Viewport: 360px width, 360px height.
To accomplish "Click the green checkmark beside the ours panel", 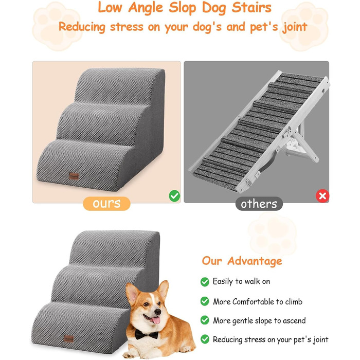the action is (x=174, y=196).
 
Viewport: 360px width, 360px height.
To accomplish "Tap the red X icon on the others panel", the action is (x=322, y=196).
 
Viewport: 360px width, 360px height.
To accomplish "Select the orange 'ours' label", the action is (x=106, y=204).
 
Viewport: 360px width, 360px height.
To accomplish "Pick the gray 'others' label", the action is (x=259, y=204).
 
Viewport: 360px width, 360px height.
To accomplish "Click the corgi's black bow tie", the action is (x=146, y=334).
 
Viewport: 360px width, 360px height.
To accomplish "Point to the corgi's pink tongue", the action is (x=156, y=320).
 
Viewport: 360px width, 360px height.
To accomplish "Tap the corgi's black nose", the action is (x=157, y=312).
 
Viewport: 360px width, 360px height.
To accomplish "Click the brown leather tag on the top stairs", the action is (x=74, y=176).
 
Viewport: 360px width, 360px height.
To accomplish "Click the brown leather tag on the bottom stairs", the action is (x=68, y=338).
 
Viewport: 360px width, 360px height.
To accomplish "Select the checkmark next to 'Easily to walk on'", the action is (x=205, y=282).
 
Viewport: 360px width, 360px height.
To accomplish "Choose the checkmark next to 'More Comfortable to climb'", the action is (x=205, y=301).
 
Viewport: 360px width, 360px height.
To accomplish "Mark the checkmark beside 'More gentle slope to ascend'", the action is (x=205, y=320).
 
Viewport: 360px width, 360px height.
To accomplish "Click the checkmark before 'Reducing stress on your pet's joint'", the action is (x=205, y=339).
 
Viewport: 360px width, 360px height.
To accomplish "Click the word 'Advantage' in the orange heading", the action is (x=255, y=261).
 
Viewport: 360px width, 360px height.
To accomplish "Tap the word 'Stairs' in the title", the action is (x=251, y=8).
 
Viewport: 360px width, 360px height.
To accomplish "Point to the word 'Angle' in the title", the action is (x=146, y=8).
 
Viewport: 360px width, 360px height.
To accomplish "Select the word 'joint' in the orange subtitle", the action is (x=295, y=28).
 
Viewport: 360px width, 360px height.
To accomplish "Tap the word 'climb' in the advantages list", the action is (x=294, y=301).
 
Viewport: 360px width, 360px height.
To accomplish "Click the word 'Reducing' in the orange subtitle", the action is (x=82, y=27).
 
